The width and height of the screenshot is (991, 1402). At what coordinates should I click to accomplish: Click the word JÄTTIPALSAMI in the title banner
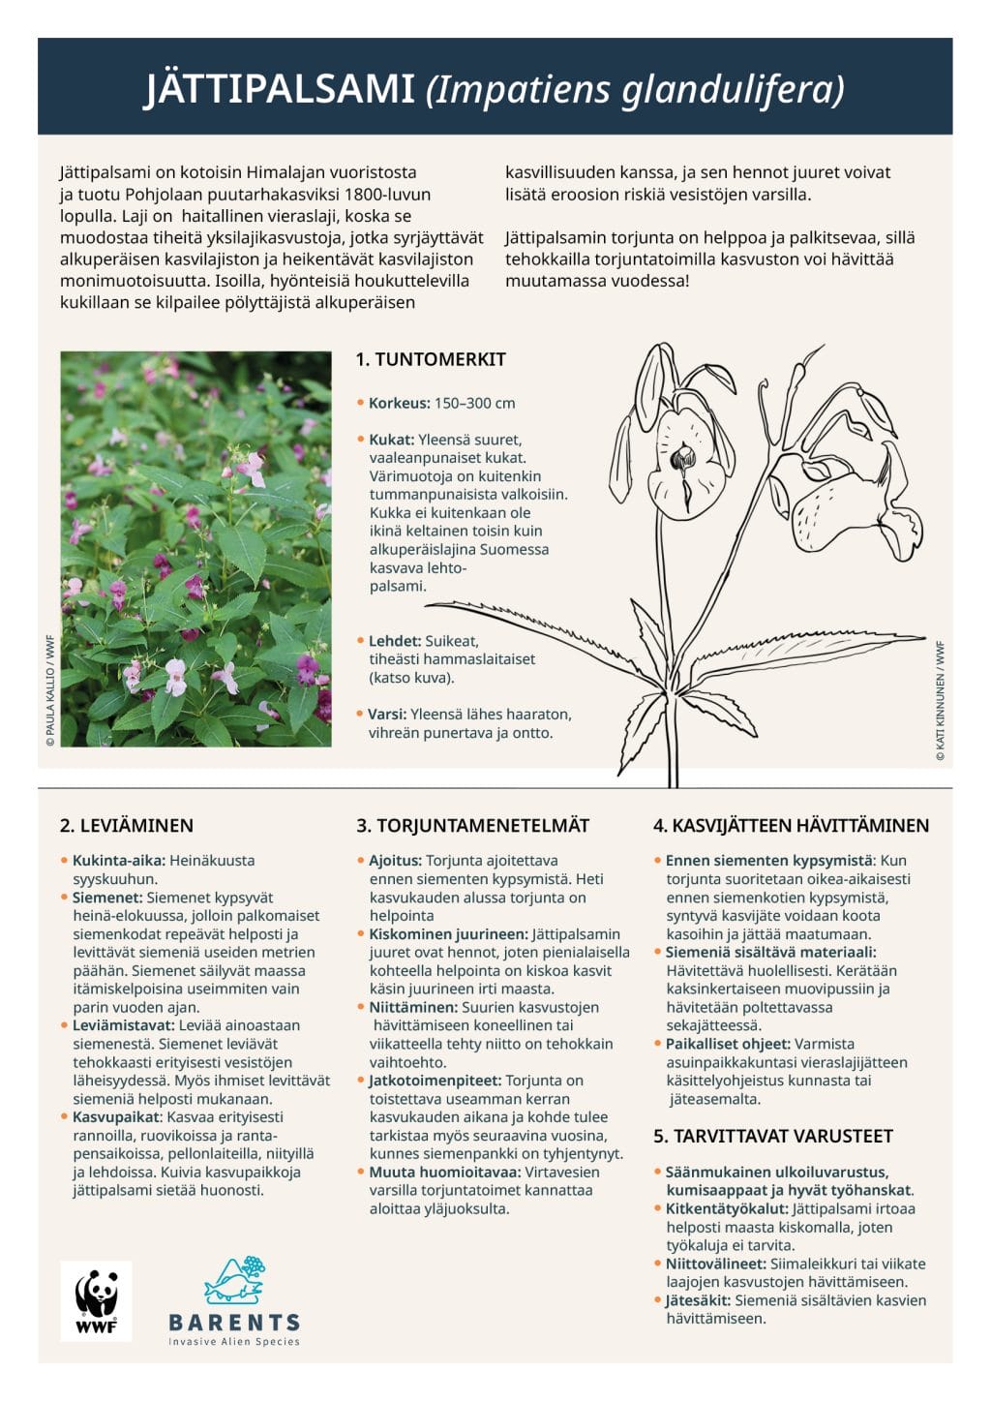pos(280,89)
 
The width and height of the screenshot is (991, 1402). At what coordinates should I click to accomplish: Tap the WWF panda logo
pos(96,1300)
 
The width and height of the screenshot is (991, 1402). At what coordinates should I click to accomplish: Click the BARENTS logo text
pos(234,1322)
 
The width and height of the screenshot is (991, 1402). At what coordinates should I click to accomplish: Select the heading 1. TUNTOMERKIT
pos(431,359)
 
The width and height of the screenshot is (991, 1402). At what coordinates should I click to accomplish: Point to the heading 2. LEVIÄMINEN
pos(127,826)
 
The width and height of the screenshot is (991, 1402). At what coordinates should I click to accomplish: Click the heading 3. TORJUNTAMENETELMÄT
pos(472,826)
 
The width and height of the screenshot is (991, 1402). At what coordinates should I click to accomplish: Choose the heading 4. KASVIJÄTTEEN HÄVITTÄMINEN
pos(791,826)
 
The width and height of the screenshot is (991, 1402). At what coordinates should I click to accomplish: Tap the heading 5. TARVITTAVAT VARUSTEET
pos(772,1136)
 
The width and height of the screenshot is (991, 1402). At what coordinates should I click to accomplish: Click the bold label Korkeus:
pos(399,403)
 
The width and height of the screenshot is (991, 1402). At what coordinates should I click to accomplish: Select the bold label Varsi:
pos(387,715)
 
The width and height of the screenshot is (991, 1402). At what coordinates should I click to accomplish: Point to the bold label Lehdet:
pos(394,641)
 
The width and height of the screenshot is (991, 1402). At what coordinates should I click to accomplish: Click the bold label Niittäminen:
pos(413,1007)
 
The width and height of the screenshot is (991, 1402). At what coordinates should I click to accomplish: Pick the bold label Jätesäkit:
pos(698,1300)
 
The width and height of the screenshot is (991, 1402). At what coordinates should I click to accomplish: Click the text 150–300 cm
pos(474,403)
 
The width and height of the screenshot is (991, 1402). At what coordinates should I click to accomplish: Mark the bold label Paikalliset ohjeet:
pos(728,1044)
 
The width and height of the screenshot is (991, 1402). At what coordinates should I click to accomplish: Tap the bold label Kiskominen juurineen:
pos(448,934)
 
